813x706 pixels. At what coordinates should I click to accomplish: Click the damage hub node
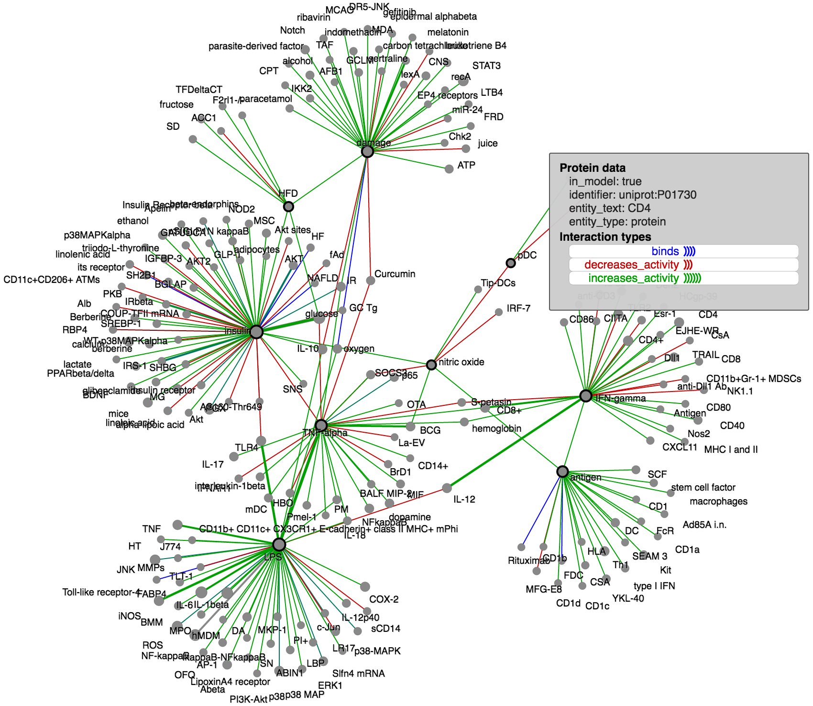(367, 152)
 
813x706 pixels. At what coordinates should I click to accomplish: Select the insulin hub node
(256, 332)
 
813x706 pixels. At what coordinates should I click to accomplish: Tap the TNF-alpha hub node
(321, 425)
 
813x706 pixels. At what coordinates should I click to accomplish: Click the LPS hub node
(279, 544)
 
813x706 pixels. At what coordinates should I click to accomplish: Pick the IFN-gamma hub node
(586, 396)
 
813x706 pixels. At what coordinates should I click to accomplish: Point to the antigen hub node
(563, 471)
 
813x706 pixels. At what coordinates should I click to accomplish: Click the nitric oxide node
(431, 365)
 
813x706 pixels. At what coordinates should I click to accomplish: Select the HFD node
(288, 206)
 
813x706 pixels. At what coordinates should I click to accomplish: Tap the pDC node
(511, 263)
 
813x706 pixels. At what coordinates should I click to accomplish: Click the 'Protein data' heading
(593, 168)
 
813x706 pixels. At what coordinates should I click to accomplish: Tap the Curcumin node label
(395, 274)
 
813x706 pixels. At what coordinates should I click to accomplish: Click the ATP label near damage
(466, 165)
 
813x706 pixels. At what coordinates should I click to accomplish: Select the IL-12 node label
(464, 499)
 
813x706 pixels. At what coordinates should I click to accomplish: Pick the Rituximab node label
(528, 560)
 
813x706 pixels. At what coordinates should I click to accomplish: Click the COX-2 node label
(384, 599)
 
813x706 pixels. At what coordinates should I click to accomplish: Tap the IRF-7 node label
(518, 308)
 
